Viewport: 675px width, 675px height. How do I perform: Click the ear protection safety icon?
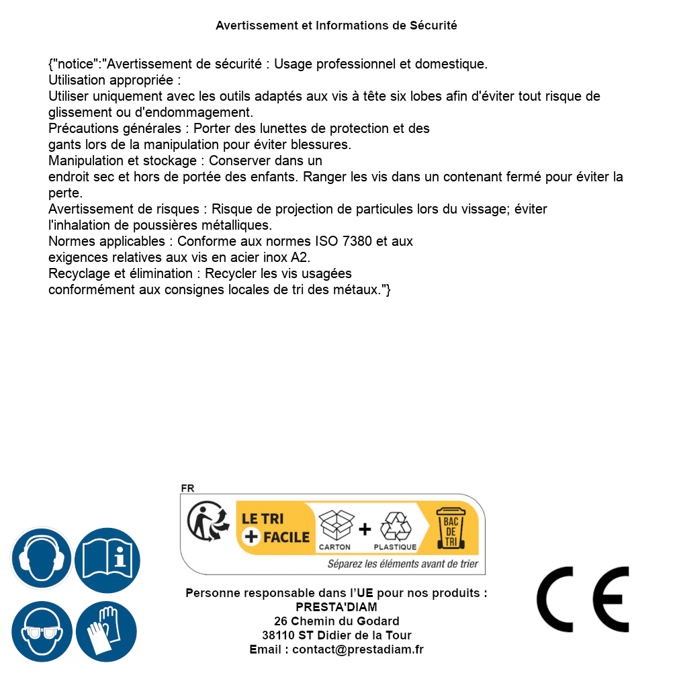click(x=42, y=558)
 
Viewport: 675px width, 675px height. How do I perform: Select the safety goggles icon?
click(x=42, y=631)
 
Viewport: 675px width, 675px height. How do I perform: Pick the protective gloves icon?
click(x=106, y=631)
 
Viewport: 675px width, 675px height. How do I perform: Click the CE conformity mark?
click(x=582, y=600)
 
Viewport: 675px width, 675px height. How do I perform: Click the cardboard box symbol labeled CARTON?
click(x=335, y=525)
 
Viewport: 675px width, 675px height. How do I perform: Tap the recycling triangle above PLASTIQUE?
click(x=395, y=527)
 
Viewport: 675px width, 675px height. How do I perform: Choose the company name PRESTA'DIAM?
click(x=336, y=607)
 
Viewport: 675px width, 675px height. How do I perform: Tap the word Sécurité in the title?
click(x=433, y=26)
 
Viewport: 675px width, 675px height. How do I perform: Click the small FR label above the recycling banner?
click(x=187, y=488)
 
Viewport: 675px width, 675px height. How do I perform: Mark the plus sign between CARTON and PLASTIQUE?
click(x=365, y=529)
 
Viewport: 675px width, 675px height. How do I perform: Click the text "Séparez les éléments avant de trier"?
click(x=402, y=564)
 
